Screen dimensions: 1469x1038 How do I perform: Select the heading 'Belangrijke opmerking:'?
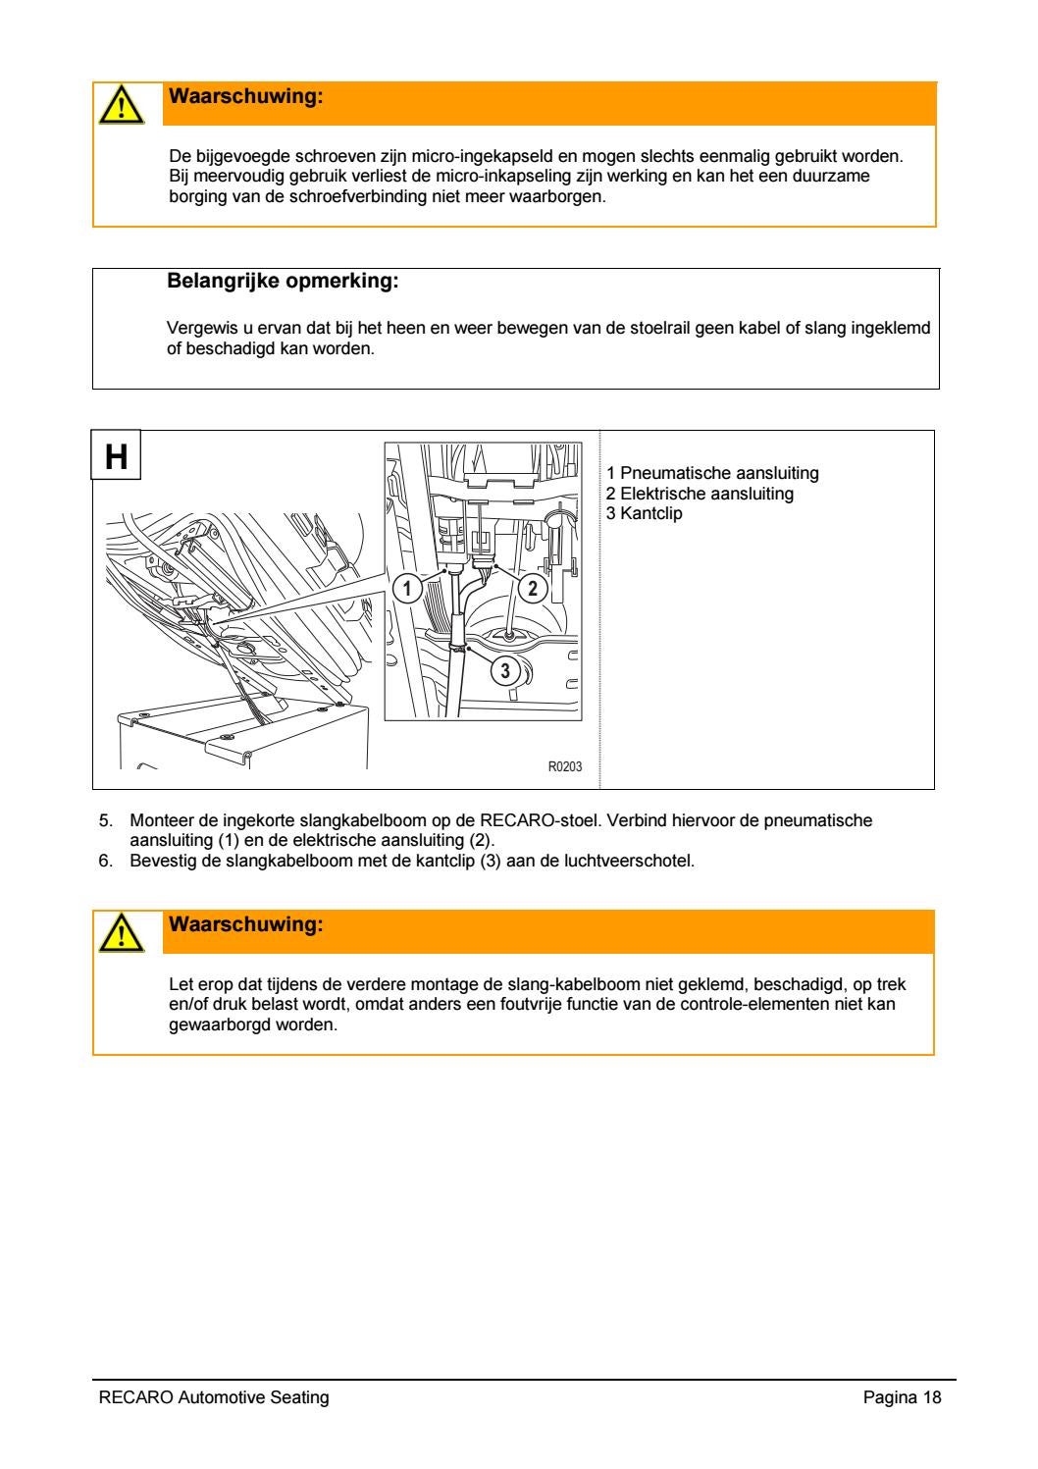284,283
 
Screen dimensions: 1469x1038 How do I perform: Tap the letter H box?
117,455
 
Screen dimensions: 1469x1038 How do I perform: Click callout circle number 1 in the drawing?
406,589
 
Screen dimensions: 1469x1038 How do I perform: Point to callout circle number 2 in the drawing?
532,588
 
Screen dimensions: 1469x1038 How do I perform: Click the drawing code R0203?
564,766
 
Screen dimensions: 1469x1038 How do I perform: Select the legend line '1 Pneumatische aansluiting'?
712,474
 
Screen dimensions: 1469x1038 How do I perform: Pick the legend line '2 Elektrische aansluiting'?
700,494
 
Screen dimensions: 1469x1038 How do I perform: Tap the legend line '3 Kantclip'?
644,513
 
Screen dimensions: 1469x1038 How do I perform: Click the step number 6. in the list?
107,862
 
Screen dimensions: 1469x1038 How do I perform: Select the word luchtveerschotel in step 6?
639,862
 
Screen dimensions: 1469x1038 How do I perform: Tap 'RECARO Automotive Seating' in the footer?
214,1397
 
